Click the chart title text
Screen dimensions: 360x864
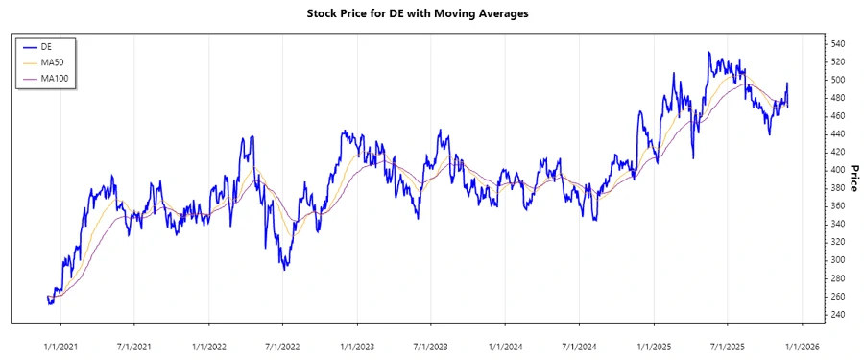click(431, 14)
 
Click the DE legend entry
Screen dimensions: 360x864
click(45, 46)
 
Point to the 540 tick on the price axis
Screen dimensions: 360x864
click(837, 44)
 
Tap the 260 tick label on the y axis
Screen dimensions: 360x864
click(837, 297)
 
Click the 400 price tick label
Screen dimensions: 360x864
click(837, 170)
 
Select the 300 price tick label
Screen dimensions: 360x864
click(837, 260)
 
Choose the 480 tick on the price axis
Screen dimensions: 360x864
click(837, 98)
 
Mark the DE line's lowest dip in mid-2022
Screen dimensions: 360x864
click(284, 269)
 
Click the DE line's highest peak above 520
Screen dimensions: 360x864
click(708, 52)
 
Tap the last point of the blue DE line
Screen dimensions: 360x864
click(787, 84)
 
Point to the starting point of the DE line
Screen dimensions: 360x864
click(47, 297)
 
